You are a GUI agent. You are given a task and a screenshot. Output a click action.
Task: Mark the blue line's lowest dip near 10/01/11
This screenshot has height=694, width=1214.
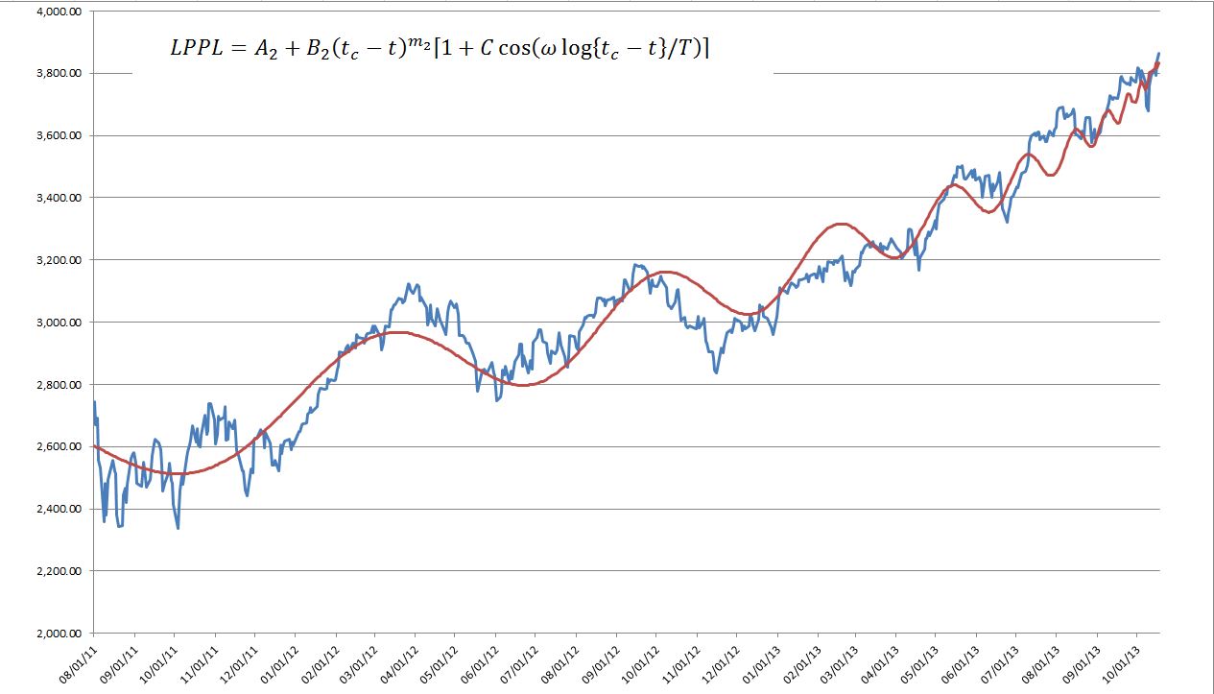[x=178, y=528]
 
